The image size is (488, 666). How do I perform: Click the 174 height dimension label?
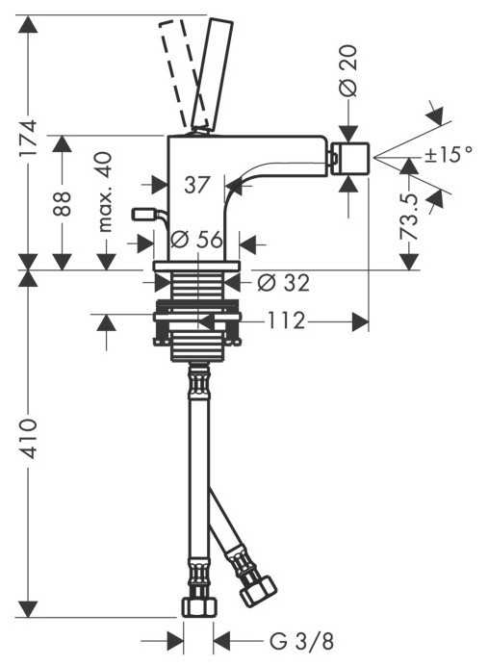point(30,139)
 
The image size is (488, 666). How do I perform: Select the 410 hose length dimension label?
point(30,438)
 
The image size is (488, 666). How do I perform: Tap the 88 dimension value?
point(62,204)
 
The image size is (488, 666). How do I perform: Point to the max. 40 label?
point(105,192)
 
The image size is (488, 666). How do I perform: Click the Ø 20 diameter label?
point(348,71)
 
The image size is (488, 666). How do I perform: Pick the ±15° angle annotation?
point(449,154)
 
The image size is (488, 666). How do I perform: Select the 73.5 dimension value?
point(409,217)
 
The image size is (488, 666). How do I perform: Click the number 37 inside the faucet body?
point(197,185)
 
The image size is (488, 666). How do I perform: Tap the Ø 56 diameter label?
point(196,240)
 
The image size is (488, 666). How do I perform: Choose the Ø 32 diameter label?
point(284,282)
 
